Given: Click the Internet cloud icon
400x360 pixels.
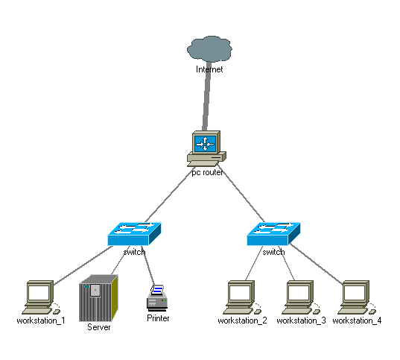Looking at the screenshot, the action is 209,48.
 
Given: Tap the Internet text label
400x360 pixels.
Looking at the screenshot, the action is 209,69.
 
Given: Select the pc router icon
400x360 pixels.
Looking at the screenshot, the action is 206,148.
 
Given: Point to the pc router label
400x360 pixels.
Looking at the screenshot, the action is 207,173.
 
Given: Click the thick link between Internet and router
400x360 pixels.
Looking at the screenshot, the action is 207,96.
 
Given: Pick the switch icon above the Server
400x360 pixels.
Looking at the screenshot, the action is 134,233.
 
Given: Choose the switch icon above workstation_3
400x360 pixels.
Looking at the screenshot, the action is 273,233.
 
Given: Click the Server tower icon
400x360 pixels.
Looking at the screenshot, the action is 99,298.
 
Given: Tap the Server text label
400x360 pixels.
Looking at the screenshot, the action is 99,327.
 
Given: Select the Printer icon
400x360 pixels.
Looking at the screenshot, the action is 157,298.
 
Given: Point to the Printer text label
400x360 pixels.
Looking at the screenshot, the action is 158,318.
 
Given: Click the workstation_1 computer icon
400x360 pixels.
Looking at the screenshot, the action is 41,297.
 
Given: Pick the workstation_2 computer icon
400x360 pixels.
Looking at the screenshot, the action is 242,297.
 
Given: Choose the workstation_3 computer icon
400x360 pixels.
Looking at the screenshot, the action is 301,297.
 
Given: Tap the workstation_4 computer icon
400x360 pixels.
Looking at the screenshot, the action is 357,297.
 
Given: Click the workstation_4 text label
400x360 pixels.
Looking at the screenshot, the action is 357,320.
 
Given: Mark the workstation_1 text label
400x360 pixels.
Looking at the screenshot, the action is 41,320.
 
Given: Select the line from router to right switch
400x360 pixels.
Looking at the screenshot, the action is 241,194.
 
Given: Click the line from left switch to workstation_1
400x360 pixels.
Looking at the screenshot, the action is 83,265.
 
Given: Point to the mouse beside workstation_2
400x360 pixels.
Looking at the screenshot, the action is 258,312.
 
